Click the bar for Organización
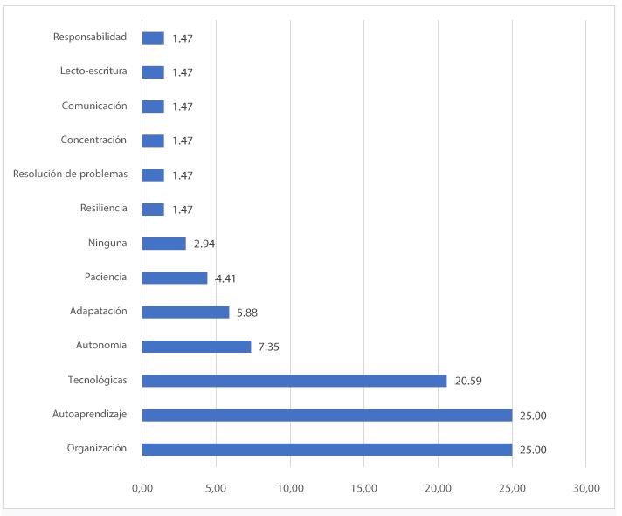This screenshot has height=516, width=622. point(327,450)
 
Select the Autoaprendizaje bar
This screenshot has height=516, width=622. point(327,416)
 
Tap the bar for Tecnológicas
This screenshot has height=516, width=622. point(294,381)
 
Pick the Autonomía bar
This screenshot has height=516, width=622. point(197,347)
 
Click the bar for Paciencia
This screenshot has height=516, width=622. point(175,278)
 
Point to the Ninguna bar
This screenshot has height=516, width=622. point(164,244)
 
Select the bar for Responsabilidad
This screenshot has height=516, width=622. point(153,38)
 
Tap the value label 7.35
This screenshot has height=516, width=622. point(269,347)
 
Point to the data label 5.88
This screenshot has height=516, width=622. point(247,313)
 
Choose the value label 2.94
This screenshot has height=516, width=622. point(204,244)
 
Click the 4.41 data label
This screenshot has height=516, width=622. point(225,279)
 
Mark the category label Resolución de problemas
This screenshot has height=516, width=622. point(70,174)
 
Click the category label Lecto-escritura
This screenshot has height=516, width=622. point(93,72)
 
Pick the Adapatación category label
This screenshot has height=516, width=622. point(98,311)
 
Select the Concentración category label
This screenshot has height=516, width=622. point(93,140)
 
